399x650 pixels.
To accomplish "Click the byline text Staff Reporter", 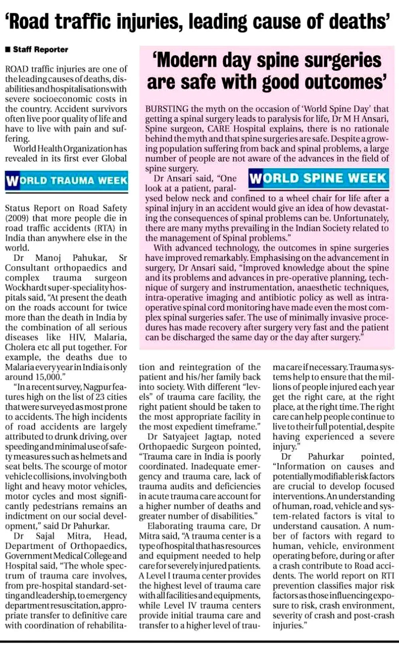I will coord(41,49).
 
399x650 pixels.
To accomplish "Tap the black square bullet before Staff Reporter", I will coord(8,49).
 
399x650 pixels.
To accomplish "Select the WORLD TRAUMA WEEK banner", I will coord(67,181).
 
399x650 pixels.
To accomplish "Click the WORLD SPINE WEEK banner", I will coord(318,178).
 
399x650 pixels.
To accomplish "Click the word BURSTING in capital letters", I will coord(167,109).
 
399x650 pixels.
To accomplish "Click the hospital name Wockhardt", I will coord(25,288).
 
